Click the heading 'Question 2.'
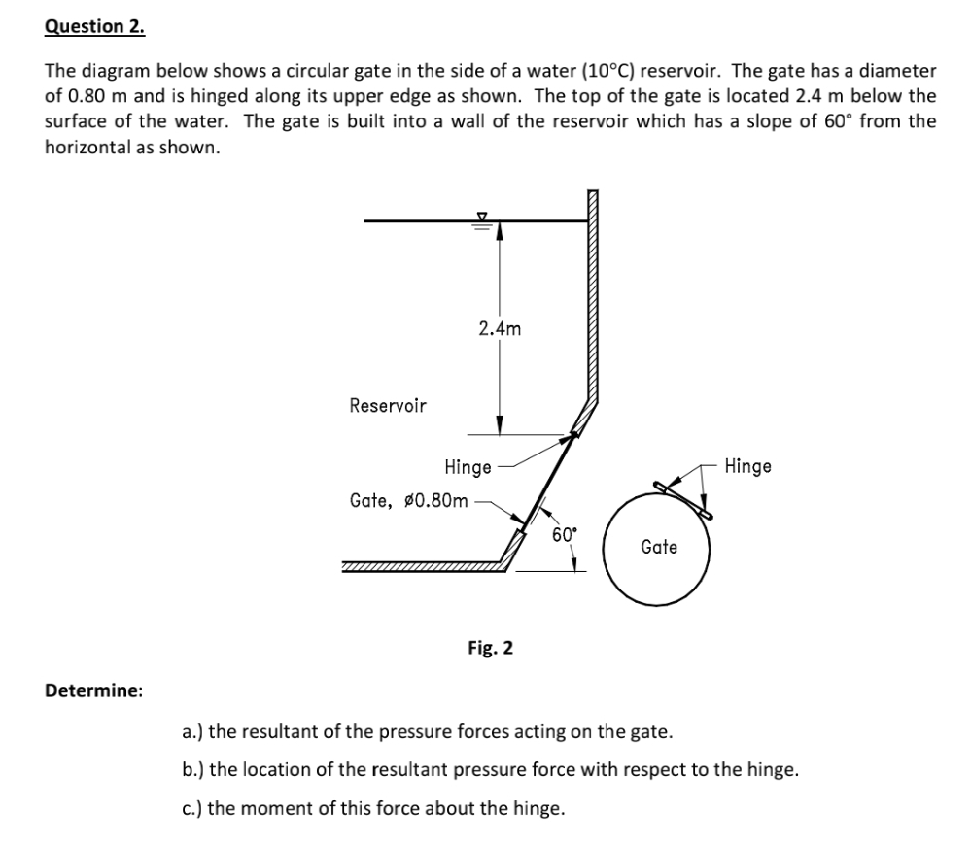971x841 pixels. point(94,27)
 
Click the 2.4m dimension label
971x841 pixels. point(500,328)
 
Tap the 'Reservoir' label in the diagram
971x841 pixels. point(387,406)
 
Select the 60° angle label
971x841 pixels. point(564,534)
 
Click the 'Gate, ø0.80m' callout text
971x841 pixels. point(408,501)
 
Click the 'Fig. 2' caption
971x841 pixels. point(491,647)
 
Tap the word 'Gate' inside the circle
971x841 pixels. point(659,548)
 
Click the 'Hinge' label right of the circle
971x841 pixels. point(747,466)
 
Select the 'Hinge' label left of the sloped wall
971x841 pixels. point(468,467)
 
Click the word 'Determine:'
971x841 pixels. point(94,690)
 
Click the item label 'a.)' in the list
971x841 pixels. point(193,731)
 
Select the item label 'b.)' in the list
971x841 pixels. point(194,769)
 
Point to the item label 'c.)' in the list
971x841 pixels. point(193,807)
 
